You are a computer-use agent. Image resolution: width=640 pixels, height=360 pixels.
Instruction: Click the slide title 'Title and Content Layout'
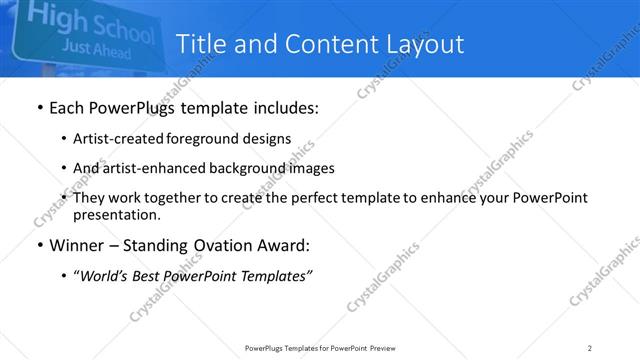[x=320, y=44]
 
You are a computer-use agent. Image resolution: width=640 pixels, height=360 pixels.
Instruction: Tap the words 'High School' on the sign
[x=90, y=21]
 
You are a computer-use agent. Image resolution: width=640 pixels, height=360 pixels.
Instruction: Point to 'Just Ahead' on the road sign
[x=94, y=46]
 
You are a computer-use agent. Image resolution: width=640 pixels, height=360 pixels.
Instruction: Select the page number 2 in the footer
[x=590, y=347]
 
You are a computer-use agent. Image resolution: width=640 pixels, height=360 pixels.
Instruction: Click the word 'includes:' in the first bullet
[x=283, y=108]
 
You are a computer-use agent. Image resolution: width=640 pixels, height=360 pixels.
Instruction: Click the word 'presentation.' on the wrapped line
[x=117, y=214]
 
